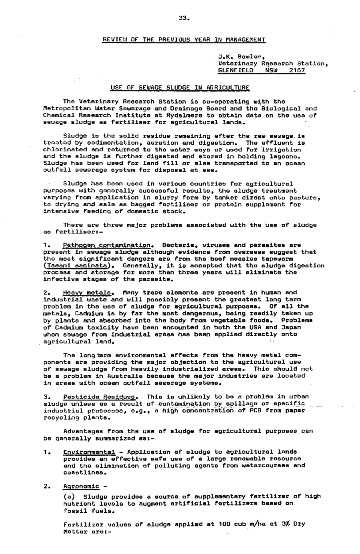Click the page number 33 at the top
pyautogui.click(x=184, y=18)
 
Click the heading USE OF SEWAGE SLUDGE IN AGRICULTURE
pyautogui.click(x=180, y=87)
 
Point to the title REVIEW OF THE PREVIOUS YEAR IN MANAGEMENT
pyautogui.click(x=184, y=40)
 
